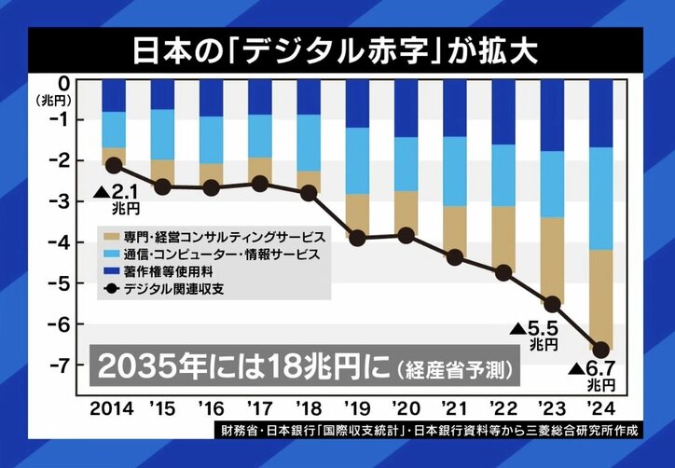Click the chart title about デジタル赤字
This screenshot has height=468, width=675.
(337, 49)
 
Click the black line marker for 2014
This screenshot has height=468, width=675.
(114, 165)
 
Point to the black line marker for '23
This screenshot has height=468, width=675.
(553, 304)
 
